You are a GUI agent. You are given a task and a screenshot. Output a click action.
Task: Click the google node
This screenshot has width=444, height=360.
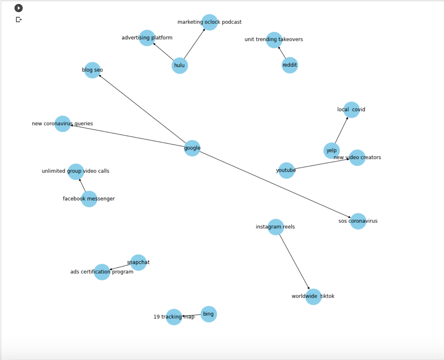192,148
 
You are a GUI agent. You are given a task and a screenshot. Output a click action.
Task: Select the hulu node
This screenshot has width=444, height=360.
180,66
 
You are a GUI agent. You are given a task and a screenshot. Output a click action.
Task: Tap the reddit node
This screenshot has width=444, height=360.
290,65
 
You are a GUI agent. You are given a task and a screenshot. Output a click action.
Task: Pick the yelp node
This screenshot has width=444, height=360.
331,151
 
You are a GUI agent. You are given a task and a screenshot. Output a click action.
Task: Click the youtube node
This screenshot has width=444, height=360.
286,170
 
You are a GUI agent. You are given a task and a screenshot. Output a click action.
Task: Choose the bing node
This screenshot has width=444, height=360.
209,314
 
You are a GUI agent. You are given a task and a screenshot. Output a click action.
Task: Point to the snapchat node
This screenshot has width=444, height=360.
138,262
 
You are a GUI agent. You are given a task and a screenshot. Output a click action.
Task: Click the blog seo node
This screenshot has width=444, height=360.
92,70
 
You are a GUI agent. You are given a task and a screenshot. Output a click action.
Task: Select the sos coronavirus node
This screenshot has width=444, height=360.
358,221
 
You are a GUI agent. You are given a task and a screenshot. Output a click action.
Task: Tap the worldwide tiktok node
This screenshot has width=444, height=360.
313,296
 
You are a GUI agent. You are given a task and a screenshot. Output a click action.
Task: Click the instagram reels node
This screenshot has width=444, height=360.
276,227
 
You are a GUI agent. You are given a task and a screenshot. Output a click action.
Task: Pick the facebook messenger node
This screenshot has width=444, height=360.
89,199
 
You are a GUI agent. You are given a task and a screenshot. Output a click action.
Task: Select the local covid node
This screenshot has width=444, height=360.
351,110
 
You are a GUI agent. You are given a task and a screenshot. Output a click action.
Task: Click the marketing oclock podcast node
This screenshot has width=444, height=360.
210,22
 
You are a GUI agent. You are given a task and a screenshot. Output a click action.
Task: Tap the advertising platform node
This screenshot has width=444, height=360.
147,38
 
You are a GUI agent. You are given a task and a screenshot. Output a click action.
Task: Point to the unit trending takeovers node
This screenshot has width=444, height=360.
274,40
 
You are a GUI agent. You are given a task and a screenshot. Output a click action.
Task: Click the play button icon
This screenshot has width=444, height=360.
19,8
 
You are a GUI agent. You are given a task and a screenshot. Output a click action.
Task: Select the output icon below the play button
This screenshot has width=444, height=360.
19,20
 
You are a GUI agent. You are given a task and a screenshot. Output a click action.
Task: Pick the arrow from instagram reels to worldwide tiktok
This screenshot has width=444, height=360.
295,262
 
